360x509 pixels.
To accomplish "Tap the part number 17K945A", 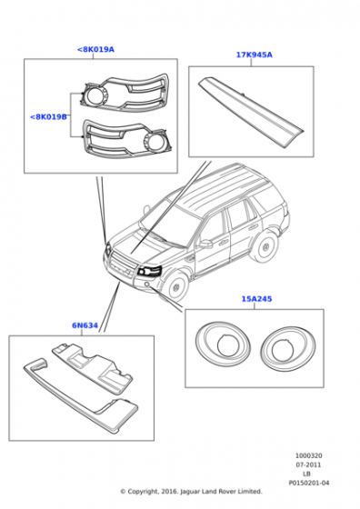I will click(254, 55).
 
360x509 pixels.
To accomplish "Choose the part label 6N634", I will click(85, 324).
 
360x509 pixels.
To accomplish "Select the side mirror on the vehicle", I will click(205, 243).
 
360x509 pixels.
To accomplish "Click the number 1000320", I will click(308, 455).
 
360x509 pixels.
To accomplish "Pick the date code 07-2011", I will click(308, 464).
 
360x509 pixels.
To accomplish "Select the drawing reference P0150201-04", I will click(308, 483).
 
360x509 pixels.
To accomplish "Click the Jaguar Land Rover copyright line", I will click(191, 492).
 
